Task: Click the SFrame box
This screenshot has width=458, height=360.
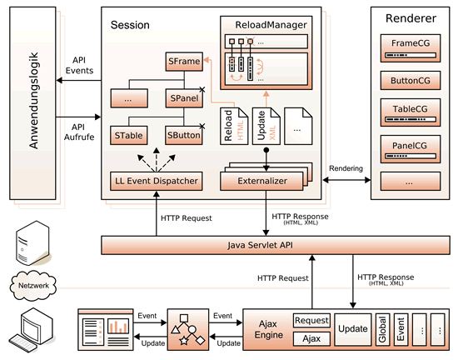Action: [x=184, y=62]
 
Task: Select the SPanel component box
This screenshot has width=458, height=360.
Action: [x=184, y=98]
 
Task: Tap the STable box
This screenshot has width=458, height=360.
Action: [x=129, y=135]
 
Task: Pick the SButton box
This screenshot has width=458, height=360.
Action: [x=184, y=135]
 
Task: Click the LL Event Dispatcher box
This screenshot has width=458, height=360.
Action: [x=157, y=181]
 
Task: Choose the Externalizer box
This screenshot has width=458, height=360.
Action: [x=261, y=181]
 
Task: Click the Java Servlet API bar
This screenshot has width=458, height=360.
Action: [x=276, y=245]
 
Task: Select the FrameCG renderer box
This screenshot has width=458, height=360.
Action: [x=411, y=48]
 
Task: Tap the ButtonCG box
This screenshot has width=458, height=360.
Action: [x=411, y=80]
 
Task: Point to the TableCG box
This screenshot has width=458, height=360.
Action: [x=411, y=112]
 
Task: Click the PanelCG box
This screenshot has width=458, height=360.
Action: [x=411, y=149]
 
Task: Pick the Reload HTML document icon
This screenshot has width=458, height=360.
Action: [x=234, y=126]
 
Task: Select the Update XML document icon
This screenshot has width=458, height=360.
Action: [x=266, y=126]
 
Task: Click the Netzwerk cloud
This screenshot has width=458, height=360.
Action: [x=33, y=286]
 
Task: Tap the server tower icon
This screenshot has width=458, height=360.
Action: [x=33, y=243]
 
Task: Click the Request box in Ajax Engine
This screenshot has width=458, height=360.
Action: [x=311, y=321]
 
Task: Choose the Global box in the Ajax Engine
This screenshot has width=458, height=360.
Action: [x=382, y=330]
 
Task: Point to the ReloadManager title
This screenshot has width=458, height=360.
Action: [x=271, y=25]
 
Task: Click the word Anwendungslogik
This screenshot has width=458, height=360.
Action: [x=33, y=101]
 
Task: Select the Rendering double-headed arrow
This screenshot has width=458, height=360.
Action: [x=346, y=180]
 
